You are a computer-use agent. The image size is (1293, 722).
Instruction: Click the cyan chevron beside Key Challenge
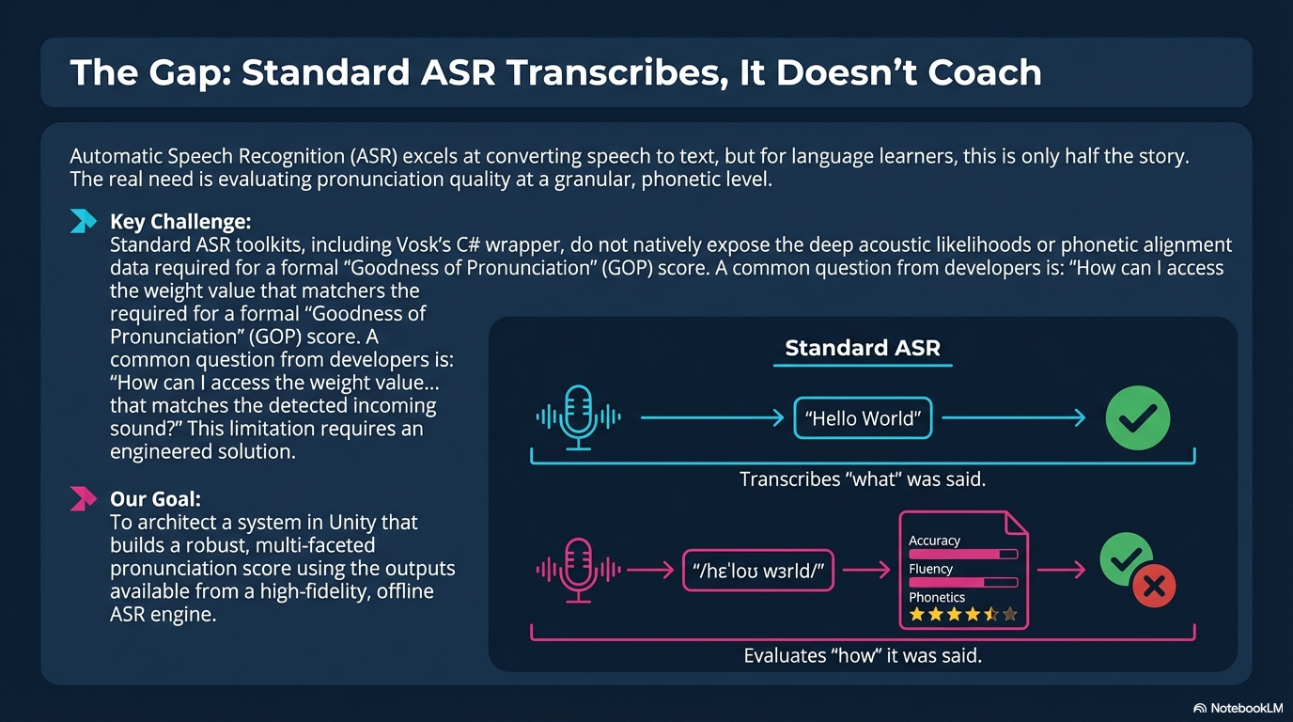83,221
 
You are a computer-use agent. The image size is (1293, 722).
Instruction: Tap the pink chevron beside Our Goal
83,498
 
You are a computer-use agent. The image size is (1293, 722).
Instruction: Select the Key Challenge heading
180,222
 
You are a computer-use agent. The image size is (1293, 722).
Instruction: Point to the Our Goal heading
155,499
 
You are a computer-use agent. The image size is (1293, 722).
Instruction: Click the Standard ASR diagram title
863,348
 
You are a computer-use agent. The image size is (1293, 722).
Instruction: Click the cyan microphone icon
578,417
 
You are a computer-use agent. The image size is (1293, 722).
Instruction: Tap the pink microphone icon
578,571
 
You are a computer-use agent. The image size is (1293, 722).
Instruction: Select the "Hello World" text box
863,417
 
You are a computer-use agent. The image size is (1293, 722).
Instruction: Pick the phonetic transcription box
758,571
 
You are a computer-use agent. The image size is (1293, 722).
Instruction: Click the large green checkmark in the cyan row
1138,417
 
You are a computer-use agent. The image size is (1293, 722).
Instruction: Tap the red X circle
1154,587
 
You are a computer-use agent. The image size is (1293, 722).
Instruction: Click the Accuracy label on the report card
935,541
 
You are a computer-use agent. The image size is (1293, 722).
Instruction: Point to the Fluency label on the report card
930,569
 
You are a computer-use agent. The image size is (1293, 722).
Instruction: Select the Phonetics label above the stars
936,597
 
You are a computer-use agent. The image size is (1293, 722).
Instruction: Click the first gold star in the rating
916,614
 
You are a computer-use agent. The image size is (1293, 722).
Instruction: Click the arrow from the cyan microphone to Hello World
712,417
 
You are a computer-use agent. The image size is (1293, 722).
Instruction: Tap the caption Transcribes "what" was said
863,479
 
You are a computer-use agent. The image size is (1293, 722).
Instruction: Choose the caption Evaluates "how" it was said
863,655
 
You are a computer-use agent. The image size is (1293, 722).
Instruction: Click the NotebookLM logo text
1246,708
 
